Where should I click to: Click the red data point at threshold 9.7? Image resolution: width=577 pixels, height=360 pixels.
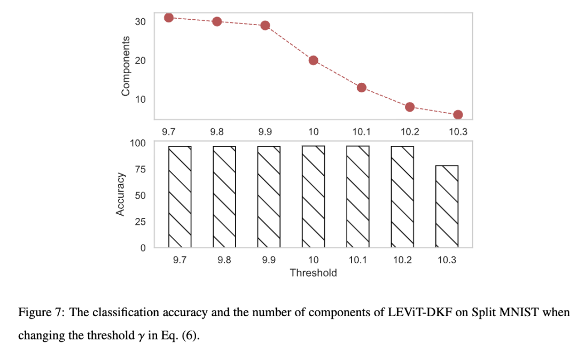coord(169,17)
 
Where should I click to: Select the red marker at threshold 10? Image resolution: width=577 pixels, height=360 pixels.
coord(314,60)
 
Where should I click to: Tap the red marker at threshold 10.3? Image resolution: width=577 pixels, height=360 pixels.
coord(458,115)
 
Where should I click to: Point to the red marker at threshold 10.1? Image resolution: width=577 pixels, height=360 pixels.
coord(362,88)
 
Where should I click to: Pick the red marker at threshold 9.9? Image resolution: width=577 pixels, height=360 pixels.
coord(265,26)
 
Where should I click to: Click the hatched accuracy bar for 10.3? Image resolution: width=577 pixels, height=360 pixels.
coord(447,206)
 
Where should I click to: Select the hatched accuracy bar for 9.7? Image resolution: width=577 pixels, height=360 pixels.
coord(180,197)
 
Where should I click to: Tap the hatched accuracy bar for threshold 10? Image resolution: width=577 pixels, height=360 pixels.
coord(314,197)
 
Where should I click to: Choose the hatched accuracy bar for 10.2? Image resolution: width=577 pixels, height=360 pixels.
coord(403,197)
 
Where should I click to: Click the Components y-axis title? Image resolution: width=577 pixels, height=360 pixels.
coord(126,66)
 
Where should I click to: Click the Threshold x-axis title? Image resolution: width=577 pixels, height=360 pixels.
coord(314,273)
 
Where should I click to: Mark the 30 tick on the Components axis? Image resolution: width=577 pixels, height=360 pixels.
coord(141,21)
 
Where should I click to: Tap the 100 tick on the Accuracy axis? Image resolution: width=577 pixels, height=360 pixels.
coord(138,143)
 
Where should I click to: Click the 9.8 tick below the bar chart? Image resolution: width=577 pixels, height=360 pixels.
coord(224,261)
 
